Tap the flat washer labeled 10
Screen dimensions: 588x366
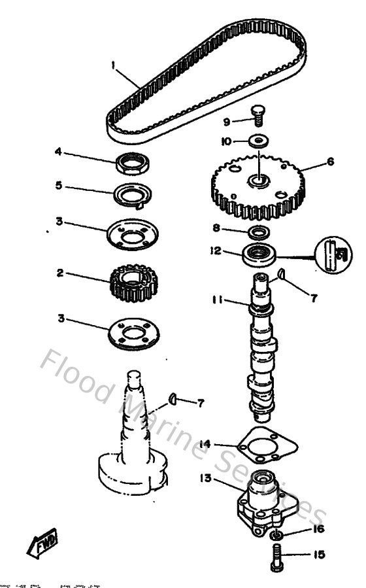coord(259,141)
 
